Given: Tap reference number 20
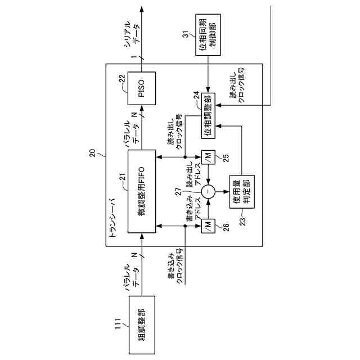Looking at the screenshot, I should point(93,153).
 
